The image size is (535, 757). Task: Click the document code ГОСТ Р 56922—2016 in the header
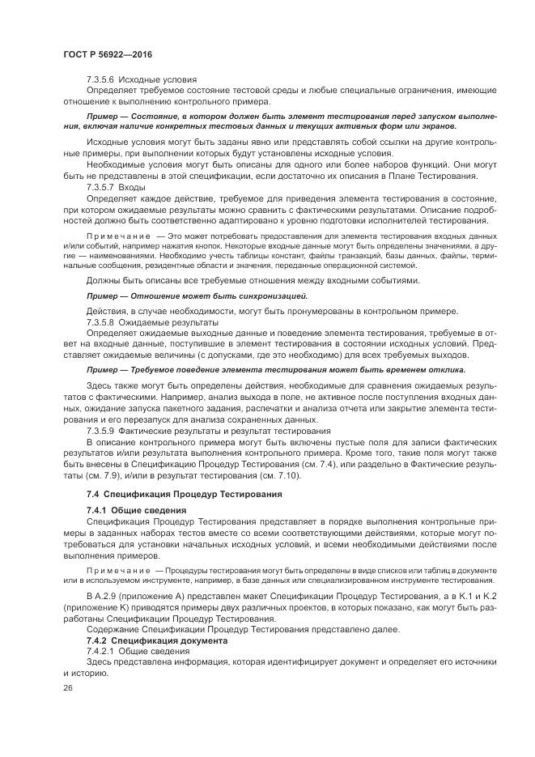(107, 53)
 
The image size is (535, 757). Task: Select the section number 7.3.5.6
(101, 80)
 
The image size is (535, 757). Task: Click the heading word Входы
(133, 187)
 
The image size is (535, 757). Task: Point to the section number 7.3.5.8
(101, 321)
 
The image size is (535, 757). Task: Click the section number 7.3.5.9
(101, 431)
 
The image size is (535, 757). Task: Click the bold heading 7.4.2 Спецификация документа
(146, 640)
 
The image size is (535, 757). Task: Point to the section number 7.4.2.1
(101, 651)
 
